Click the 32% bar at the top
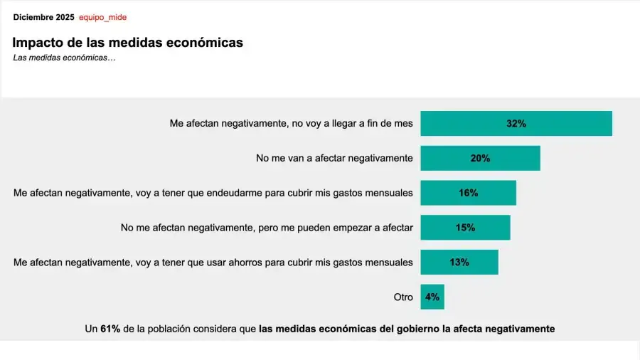(x=516, y=124)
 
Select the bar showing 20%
(x=480, y=158)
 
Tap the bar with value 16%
(x=468, y=193)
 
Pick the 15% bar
(x=465, y=228)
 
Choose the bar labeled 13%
(x=459, y=262)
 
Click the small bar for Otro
(x=432, y=297)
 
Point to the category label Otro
(x=403, y=297)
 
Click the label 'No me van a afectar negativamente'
(x=334, y=158)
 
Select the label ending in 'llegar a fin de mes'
(x=291, y=124)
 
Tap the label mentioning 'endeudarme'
(x=213, y=193)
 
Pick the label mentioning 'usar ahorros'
(x=213, y=262)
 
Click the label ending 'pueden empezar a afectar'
(x=267, y=228)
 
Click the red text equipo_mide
(x=102, y=17)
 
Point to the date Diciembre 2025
(x=43, y=17)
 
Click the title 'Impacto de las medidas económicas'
(x=128, y=43)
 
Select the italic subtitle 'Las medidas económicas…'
(x=64, y=58)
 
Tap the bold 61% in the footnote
(x=110, y=329)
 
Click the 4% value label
(x=432, y=297)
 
